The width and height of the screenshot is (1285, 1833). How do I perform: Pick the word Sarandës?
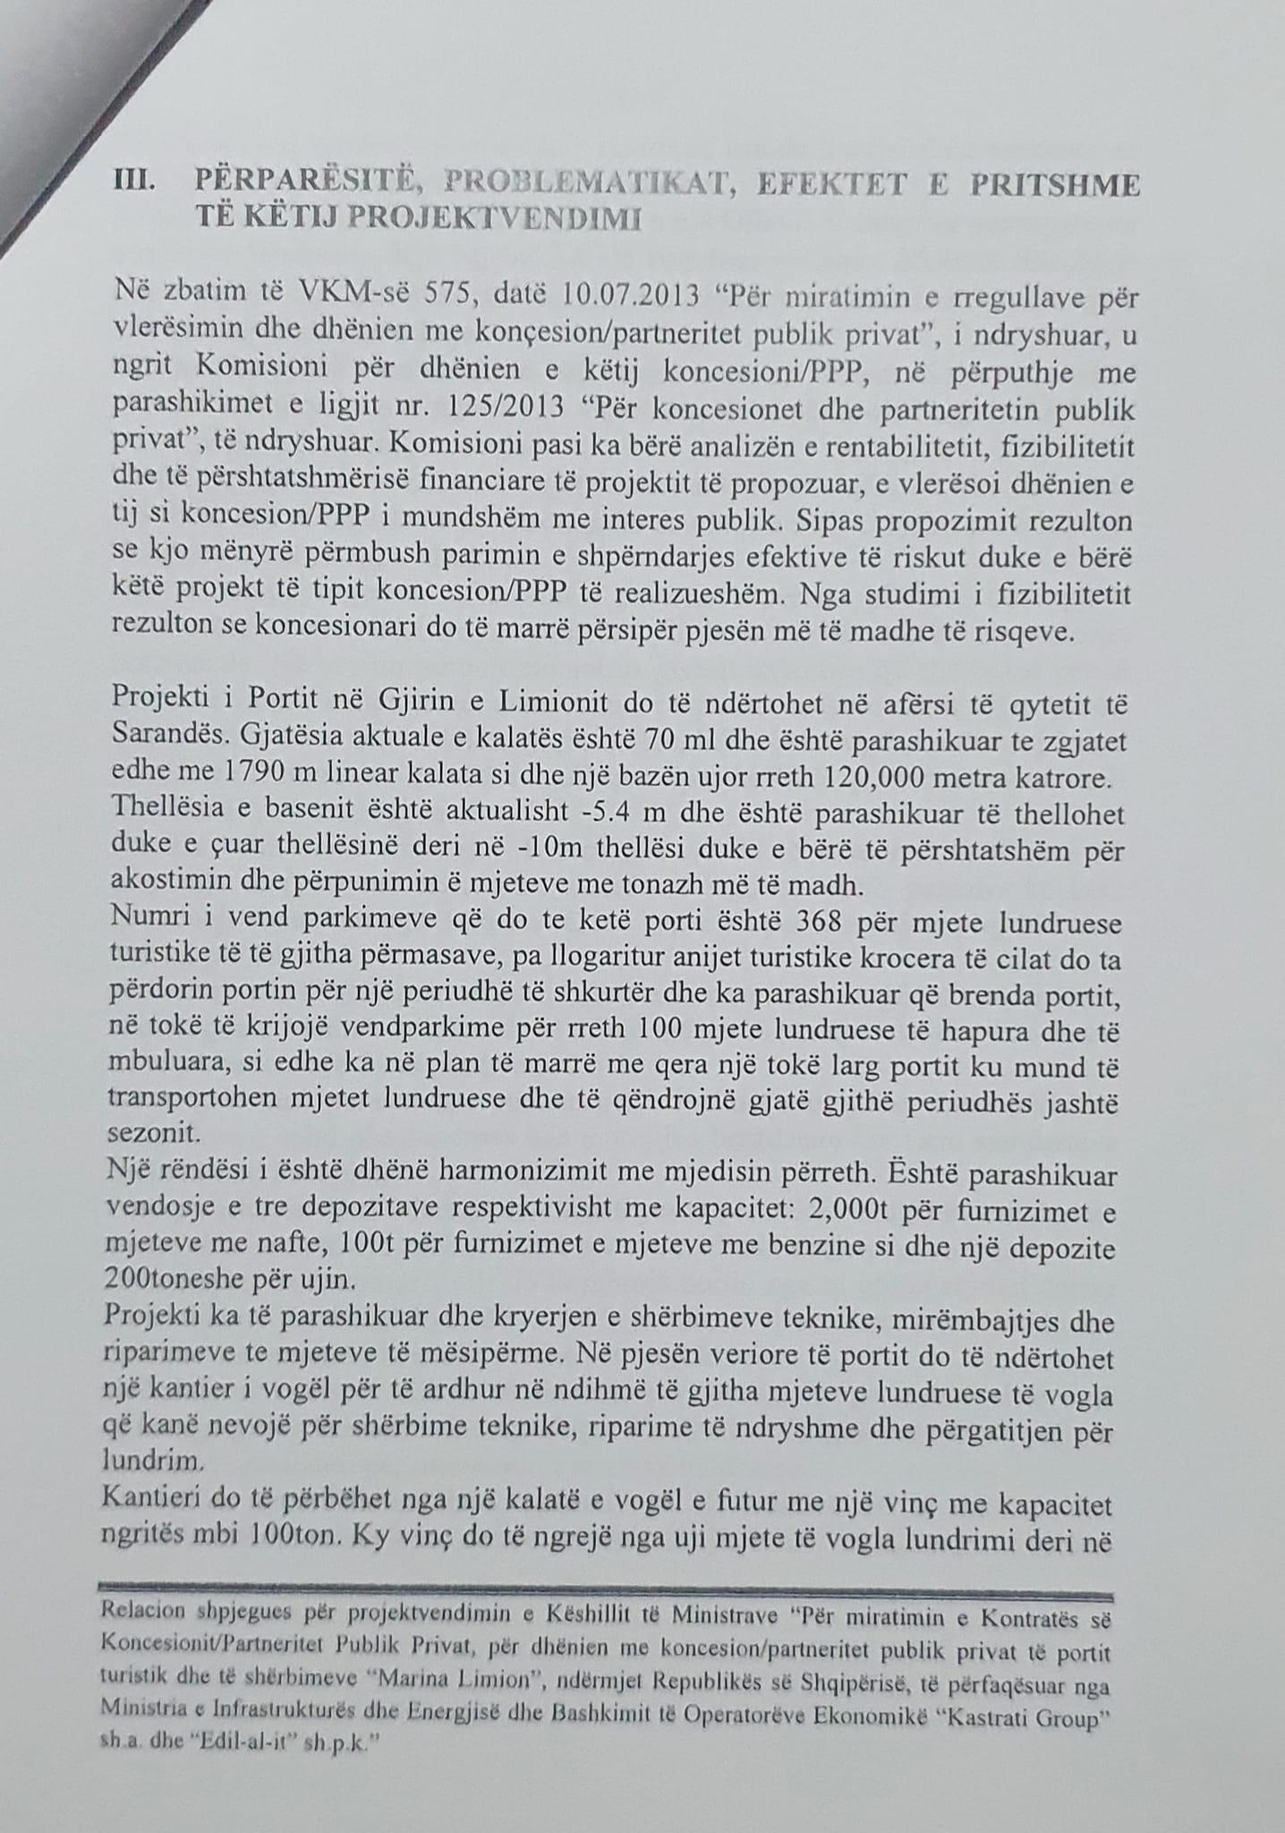[173, 738]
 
